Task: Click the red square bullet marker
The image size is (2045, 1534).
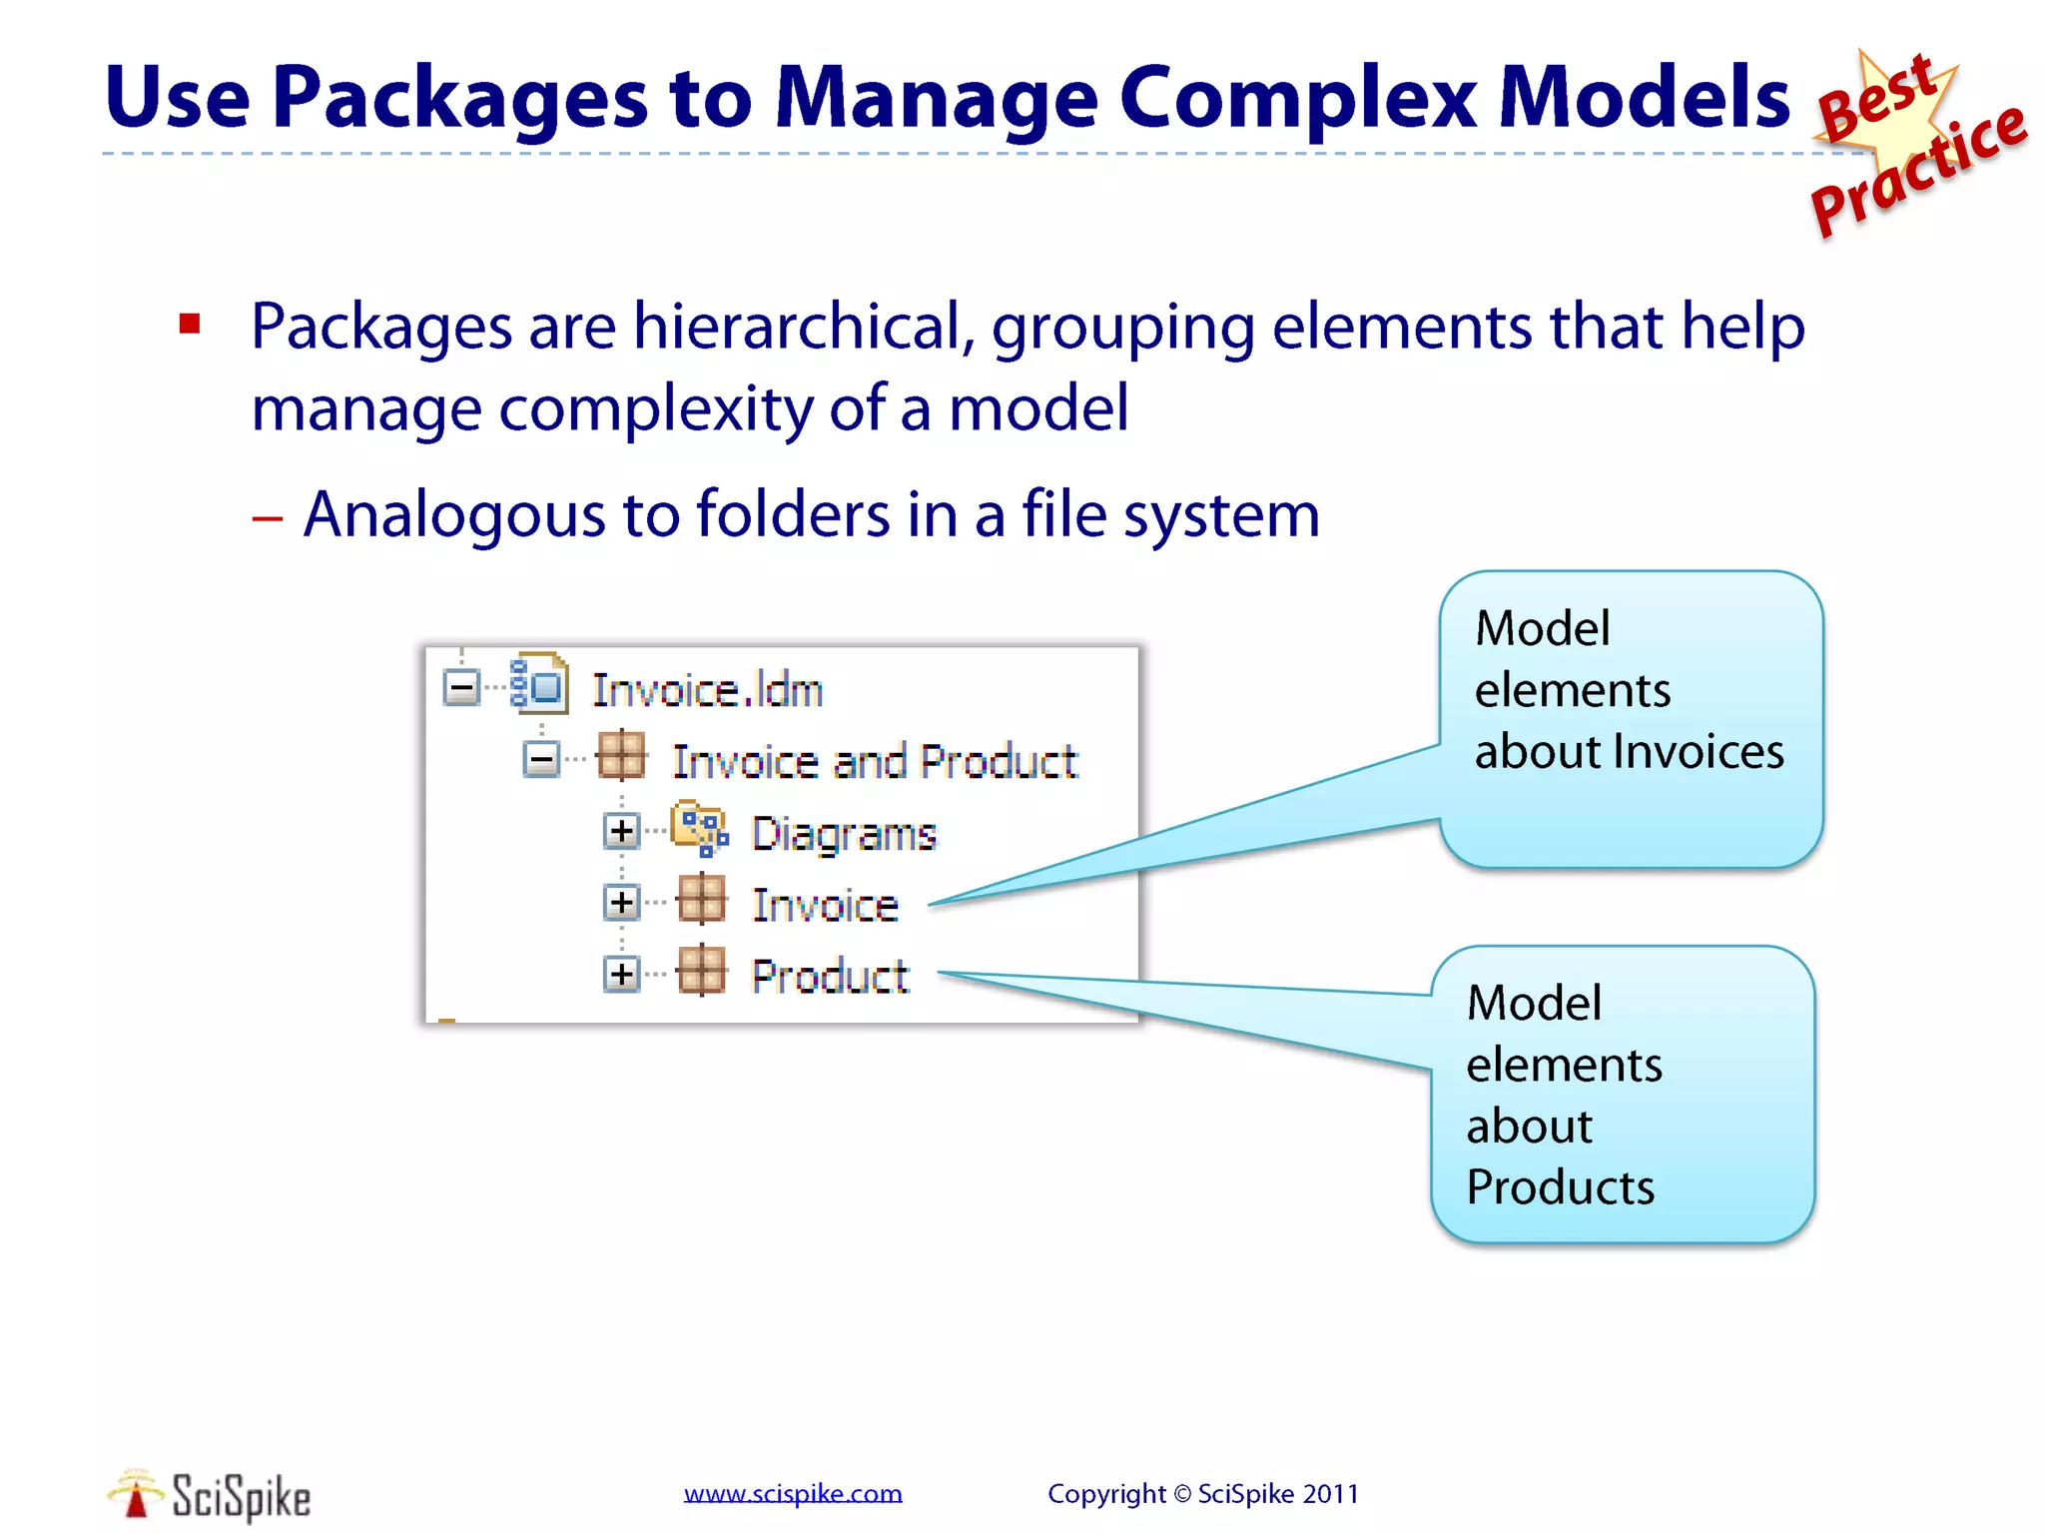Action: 190,324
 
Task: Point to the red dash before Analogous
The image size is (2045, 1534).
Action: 267,518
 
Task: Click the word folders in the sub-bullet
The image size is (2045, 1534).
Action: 792,515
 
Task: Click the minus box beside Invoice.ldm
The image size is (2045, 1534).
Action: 461,687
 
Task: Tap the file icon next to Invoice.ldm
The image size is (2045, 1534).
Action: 539,684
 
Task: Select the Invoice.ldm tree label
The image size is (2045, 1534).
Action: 707,690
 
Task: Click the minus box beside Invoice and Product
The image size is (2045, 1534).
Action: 541,760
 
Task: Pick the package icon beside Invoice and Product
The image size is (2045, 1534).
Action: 621,756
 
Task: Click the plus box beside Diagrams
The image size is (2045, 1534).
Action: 621,831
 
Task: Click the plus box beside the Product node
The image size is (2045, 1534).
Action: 621,974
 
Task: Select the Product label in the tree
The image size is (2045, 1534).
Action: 830,976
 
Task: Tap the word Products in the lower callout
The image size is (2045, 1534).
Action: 1560,1187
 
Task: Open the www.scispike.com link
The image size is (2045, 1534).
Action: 793,1494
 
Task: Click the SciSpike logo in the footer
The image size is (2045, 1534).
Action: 210,1495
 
